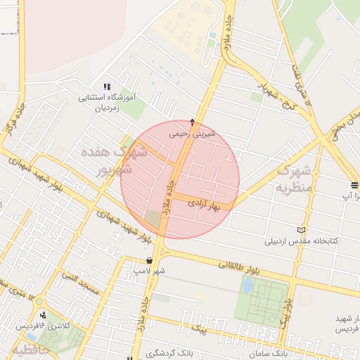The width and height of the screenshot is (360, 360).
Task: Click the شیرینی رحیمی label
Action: [193, 133]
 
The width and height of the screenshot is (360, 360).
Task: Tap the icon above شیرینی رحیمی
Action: [193, 122]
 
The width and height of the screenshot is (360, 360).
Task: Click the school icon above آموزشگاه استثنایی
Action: [107, 86]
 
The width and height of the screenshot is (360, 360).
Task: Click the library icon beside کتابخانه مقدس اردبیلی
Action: [302, 230]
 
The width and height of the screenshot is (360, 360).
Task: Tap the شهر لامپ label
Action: [150, 271]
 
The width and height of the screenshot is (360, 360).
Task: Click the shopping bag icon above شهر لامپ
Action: [149, 260]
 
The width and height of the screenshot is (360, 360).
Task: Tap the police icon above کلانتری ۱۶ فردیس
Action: [44, 314]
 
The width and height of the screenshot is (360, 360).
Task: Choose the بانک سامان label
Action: [269, 351]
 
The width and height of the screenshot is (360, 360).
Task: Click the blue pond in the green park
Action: [247, 285]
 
